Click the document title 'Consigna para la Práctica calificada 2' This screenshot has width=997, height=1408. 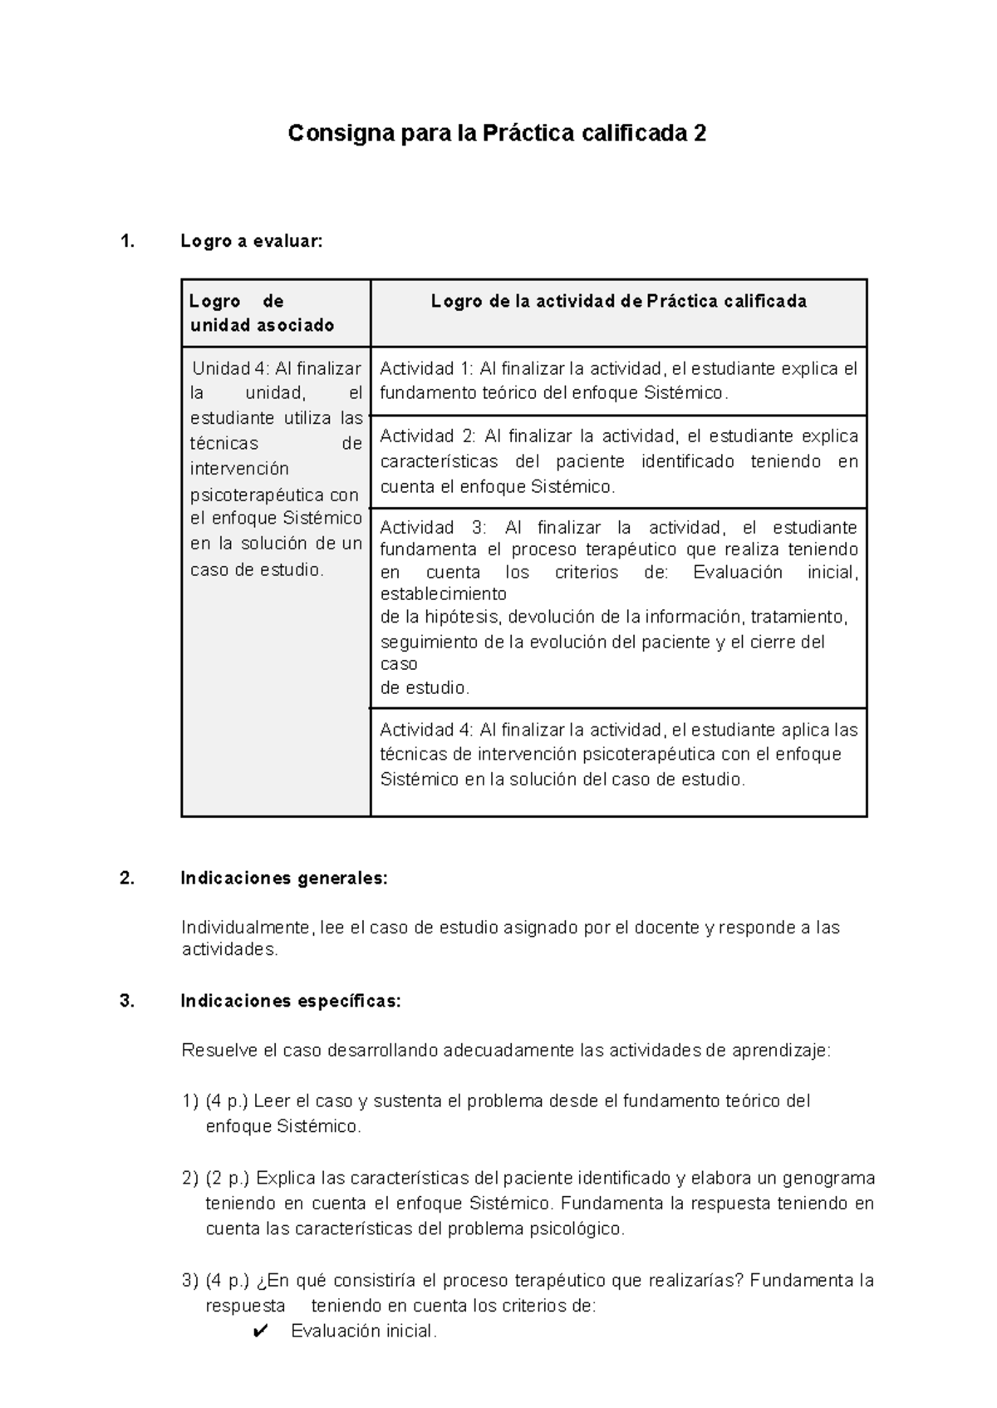pos(497,133)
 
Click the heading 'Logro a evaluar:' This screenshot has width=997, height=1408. pos(250,242)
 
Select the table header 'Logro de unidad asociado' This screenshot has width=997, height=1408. pos(262,313)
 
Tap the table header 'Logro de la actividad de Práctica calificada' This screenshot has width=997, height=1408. pos(618,302)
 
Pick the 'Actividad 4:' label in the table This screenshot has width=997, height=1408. pos(427,731)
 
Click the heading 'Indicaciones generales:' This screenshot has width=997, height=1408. pos(284,879)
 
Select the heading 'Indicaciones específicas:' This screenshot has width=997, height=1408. pos(291,1002)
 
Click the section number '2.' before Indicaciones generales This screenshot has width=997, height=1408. pos(127,879)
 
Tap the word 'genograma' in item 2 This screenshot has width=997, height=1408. pos(828,1179)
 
